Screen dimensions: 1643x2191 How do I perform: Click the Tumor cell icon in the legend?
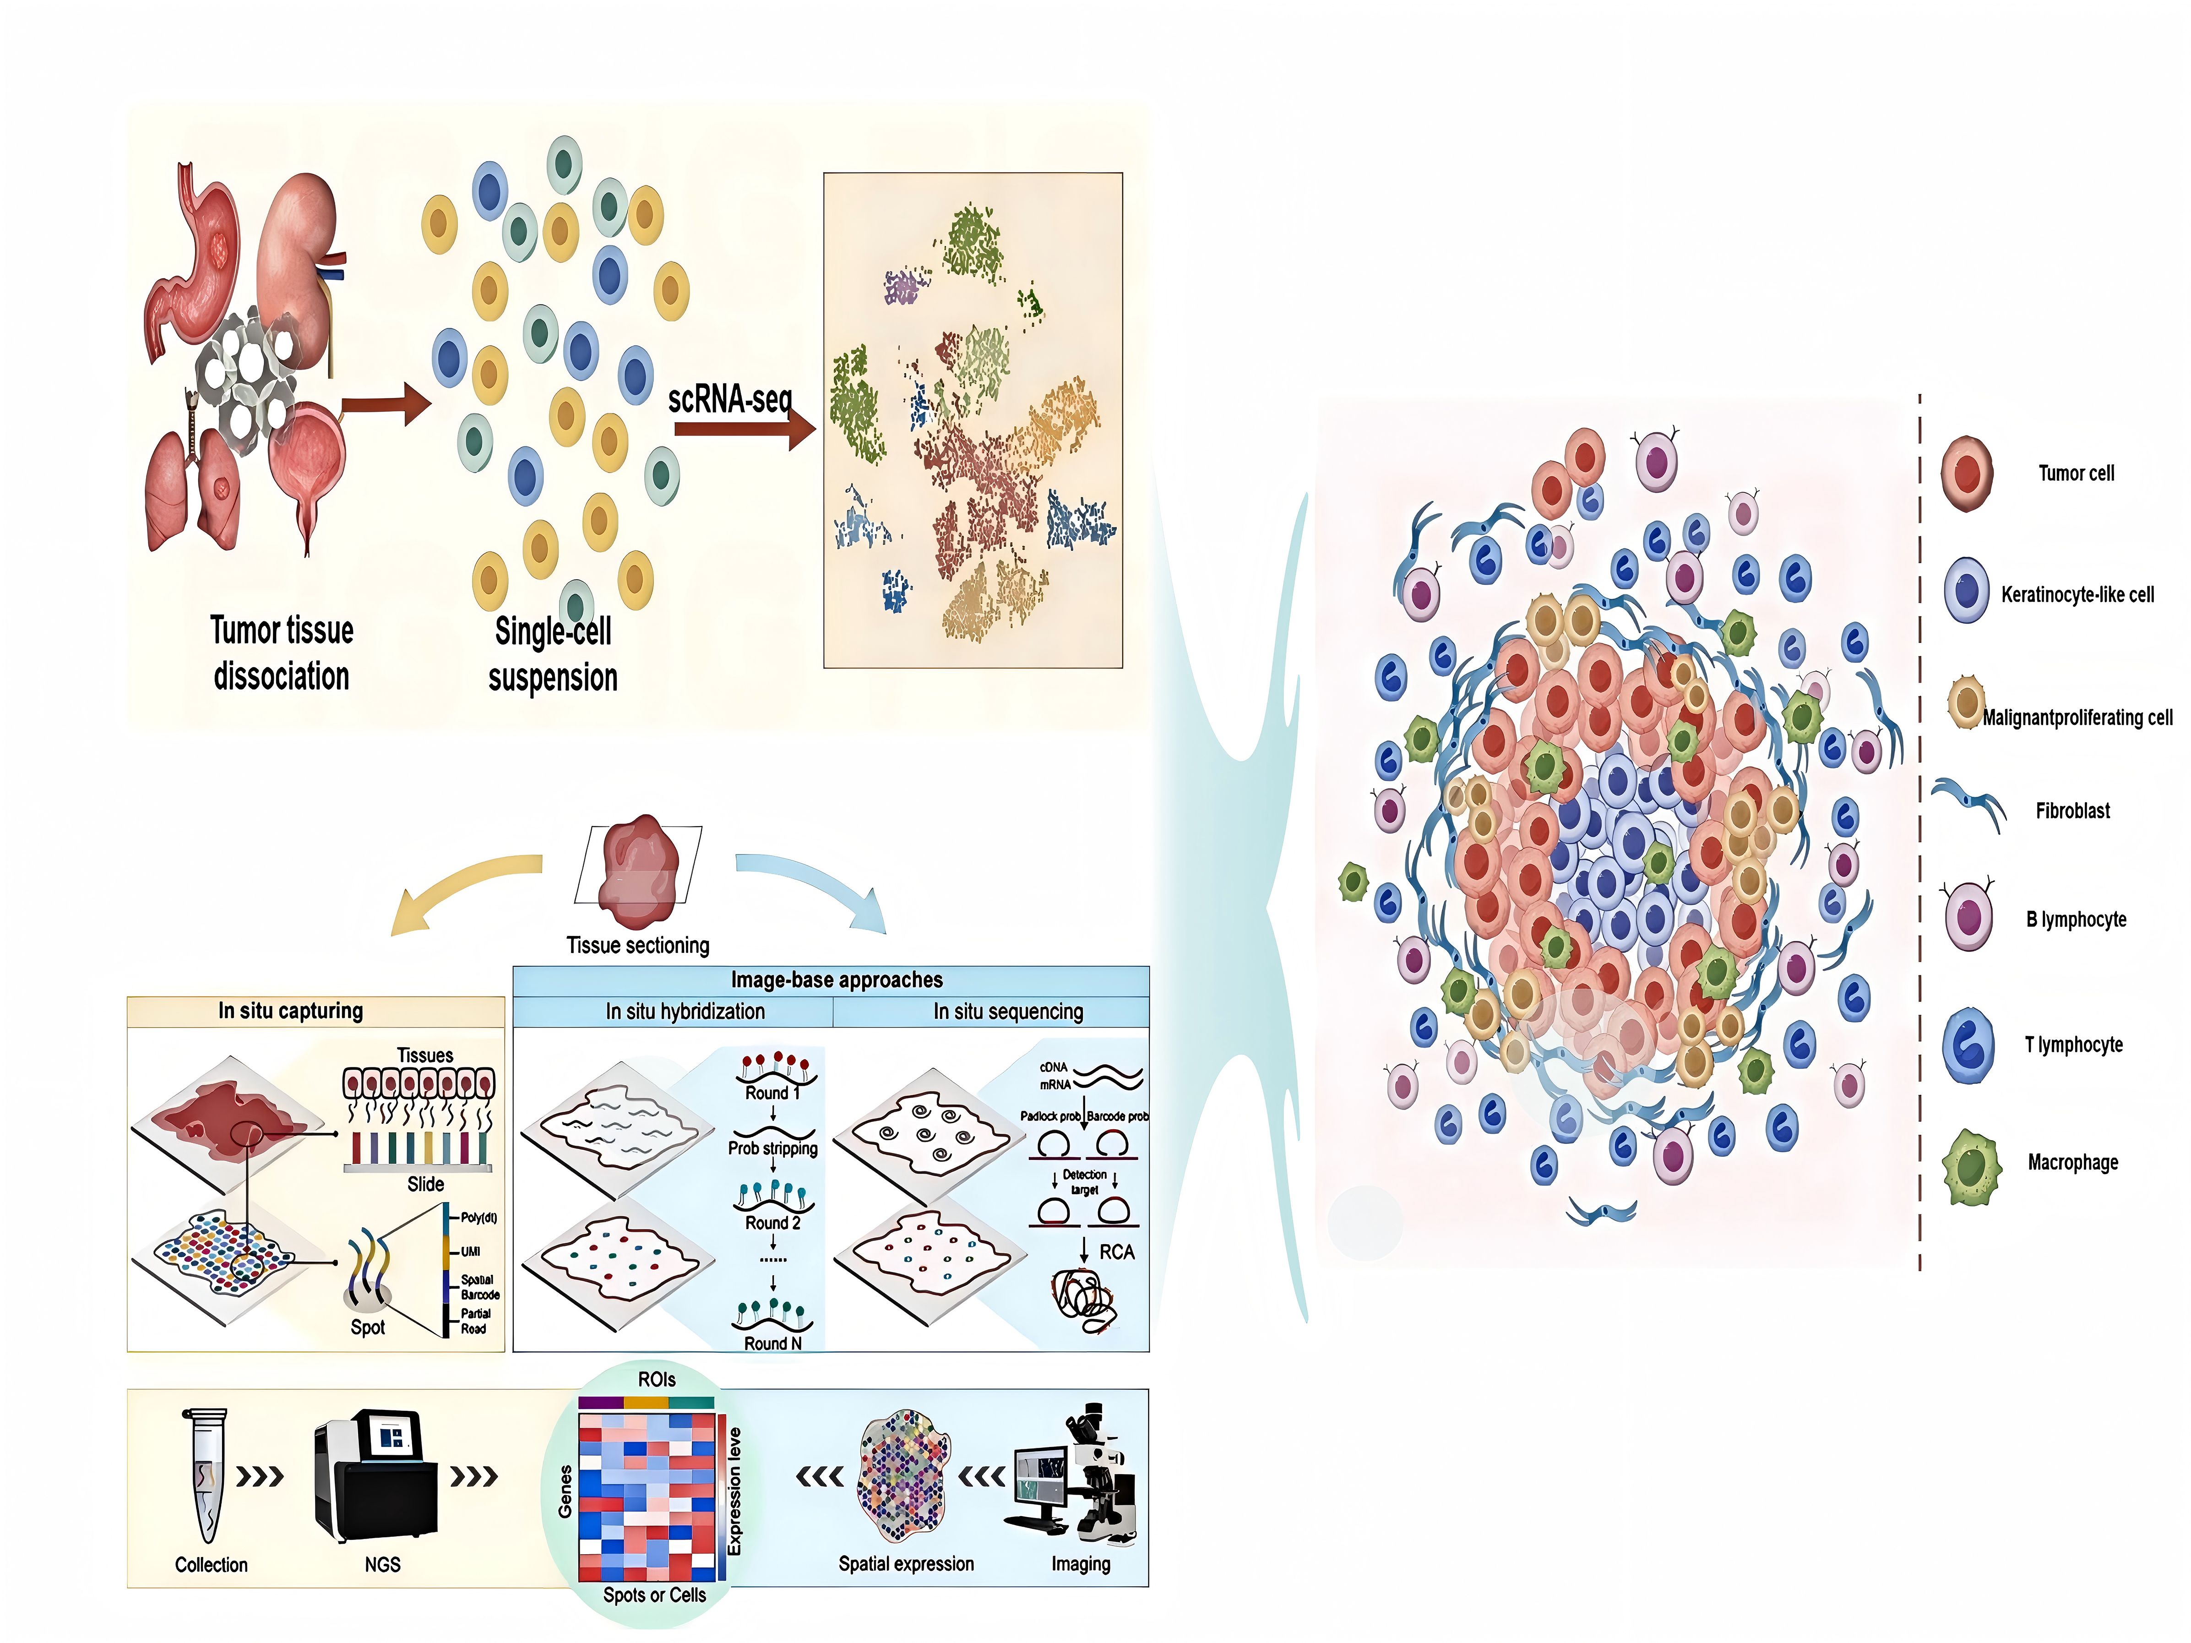point(1966,473)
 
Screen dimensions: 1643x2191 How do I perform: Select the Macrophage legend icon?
point(1970,1167)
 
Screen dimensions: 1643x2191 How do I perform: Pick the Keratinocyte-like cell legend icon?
point(1966,591)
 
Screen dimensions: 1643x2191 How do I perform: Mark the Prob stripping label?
point(772,1149)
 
